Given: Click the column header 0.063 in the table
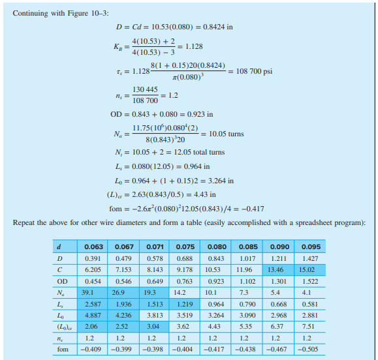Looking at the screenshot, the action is pos(93,247).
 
